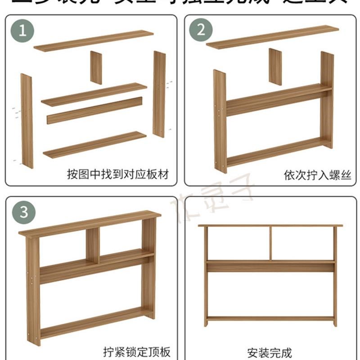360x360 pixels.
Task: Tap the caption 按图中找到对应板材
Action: click(x=117, y=174)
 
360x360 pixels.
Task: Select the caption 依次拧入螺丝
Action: click(x=317, y=174)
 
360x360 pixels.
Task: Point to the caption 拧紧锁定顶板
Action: click(x=136, y=351)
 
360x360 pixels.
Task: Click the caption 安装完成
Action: click(x=270, y=351)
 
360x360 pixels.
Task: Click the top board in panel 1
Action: click(x=94, y=40)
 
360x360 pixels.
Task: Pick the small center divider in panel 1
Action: click(x=96, y=67)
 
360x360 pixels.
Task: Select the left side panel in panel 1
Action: click(x=27, y=121)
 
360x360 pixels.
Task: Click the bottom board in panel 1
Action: click(x=95, y=144)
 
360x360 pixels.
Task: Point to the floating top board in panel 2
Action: click(x=272, y=37)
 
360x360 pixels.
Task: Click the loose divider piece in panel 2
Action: click(x=275, y=67)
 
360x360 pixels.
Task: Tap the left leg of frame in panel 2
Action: click(x=220, y=121)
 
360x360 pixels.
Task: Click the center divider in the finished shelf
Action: click(x=270, y=243)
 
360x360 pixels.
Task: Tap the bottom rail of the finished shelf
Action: click(x=270, y=318)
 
